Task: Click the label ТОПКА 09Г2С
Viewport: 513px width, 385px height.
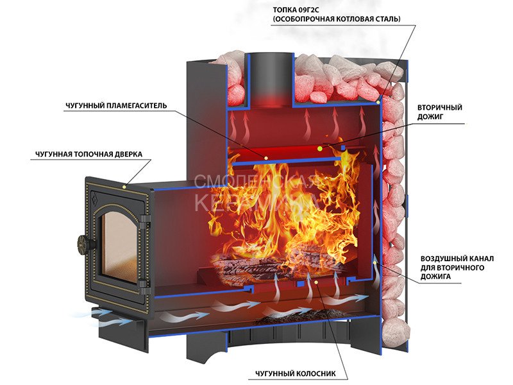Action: [x=296, y=10]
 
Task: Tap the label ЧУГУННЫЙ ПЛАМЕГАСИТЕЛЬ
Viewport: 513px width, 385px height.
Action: [x=116, y=106]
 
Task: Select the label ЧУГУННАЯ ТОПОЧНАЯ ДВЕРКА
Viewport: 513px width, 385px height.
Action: [x=89, y=154]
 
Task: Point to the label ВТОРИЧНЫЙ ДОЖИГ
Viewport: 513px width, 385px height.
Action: [x=439, y=112]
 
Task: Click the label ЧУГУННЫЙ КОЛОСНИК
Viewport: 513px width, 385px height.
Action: [x=296, y=373]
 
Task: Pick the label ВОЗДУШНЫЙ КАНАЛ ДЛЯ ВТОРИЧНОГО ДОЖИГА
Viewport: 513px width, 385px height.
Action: [x=457, y=268]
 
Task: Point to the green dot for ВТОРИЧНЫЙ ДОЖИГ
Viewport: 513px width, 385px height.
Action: [x=319, y=149]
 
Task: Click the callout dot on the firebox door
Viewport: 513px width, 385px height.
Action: [x=124, y=187]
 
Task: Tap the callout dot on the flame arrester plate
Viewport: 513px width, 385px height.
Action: [x=265, y=158]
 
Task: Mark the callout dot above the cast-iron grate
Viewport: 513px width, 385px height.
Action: [x=316, y=282]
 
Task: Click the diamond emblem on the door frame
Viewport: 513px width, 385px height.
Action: [x=95, y=198]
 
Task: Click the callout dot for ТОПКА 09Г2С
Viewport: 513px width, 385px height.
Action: [x=378, y=103]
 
